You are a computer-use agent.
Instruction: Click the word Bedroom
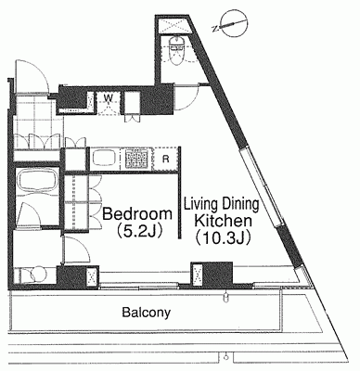[137, 214]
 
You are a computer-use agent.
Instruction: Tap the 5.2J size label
[139, 231]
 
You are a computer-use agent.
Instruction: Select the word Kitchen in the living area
[223, 222]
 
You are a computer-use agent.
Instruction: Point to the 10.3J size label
[223, 238]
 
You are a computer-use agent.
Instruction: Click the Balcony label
[147, 313]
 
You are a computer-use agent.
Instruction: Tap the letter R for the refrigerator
[166, 160]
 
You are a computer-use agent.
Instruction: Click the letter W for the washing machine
[108, 97]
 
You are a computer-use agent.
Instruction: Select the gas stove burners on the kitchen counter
[137, 159]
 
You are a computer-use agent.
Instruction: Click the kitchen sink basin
[104, 159]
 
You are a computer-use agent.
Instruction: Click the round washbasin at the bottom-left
[38, 275]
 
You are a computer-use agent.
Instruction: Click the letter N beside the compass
[215, 29]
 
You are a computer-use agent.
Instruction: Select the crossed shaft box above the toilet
[173, 25]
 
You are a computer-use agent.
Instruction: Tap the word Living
[199, 205]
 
